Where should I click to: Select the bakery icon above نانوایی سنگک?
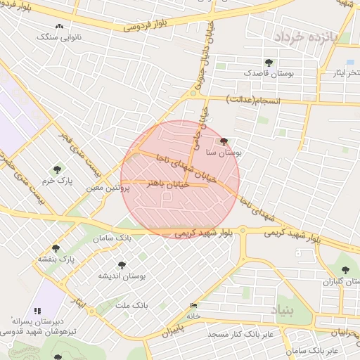59,26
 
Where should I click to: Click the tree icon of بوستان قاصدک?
269,62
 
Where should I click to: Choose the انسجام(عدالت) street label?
253,101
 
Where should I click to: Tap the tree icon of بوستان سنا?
224,141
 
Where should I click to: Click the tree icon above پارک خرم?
57,169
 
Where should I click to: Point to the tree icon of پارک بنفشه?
56,247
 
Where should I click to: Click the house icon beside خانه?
193,305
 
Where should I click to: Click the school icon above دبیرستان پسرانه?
37,310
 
